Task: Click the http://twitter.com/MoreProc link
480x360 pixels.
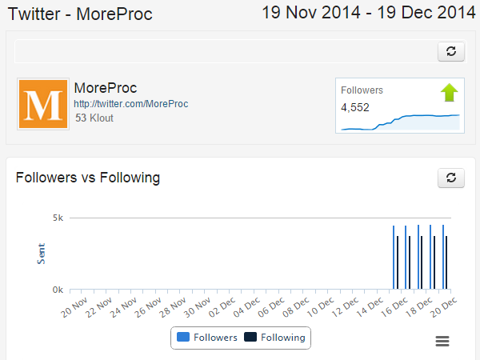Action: coord(130,104)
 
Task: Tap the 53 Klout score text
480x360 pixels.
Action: coord(94,118)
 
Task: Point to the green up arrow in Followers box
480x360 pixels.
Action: coord(450,93)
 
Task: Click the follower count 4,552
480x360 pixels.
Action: coord(355,107)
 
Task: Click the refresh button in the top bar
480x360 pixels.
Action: coord(451,51)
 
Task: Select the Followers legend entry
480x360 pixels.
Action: coord(207,338)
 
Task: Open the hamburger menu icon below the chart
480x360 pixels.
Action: coord(442,342)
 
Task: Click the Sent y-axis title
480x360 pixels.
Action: coord(42,254)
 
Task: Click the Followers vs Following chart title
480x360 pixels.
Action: coord(88,178)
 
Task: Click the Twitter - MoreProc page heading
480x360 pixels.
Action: coord(80,14)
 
